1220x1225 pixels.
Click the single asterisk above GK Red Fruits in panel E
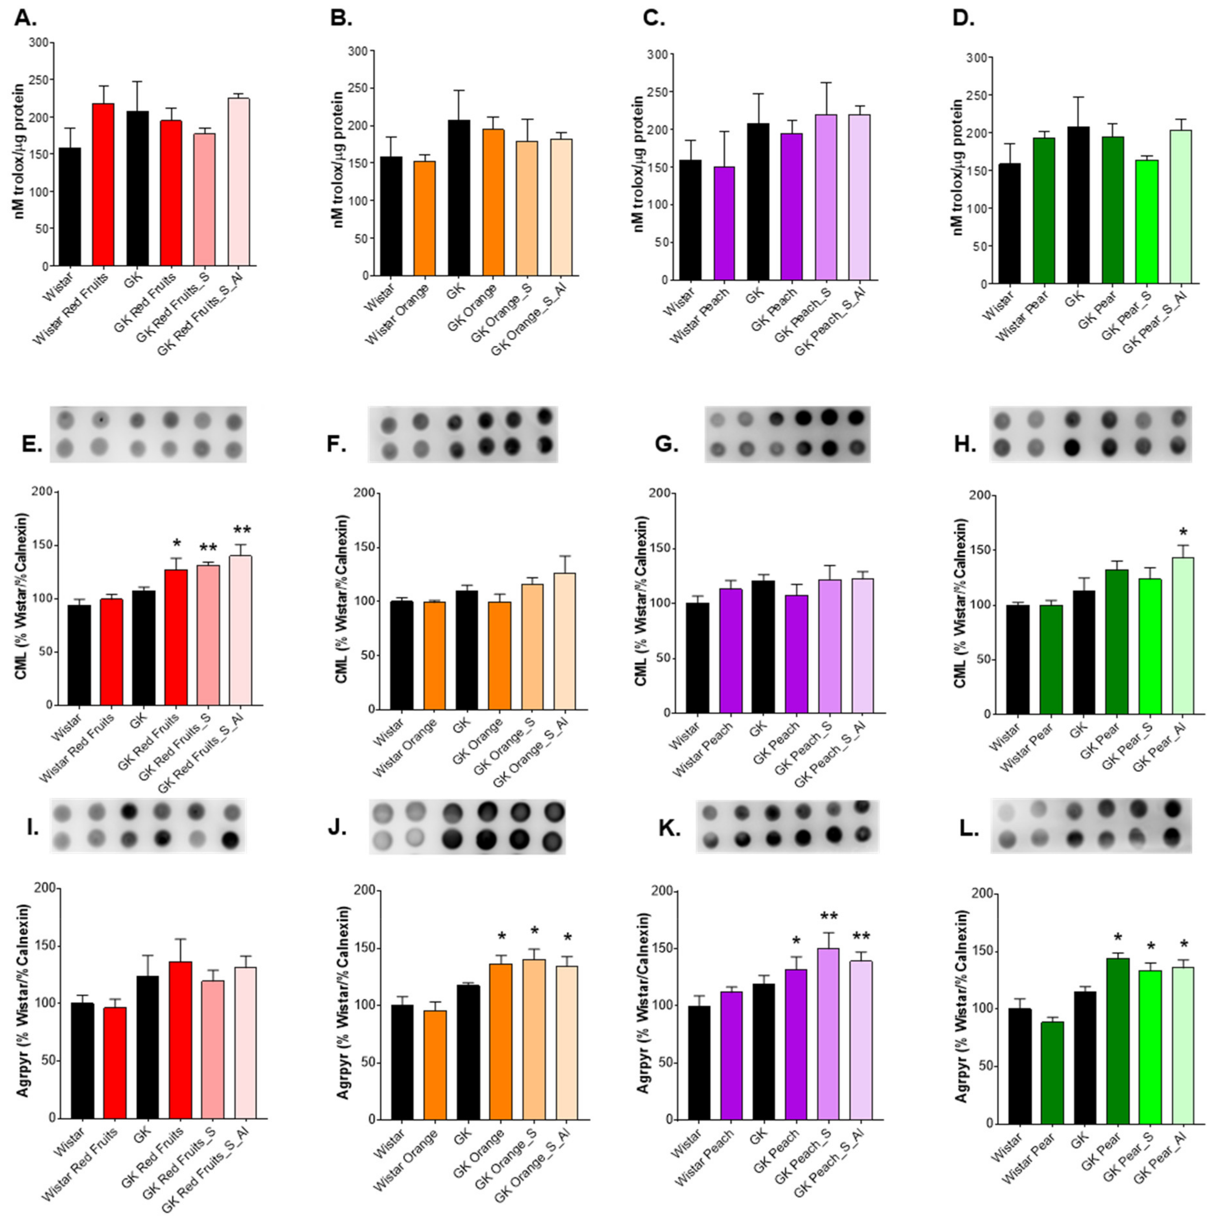point(177,543)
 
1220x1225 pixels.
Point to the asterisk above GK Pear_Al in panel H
point(1183,533)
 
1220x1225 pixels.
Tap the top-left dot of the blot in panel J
point(383,813)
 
